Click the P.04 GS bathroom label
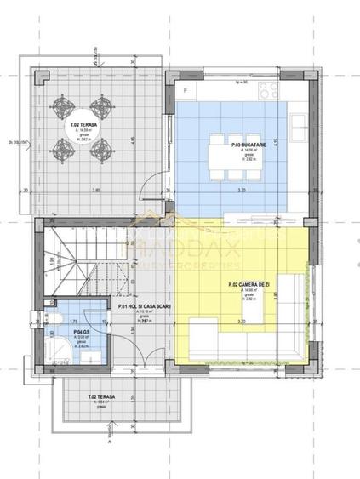[x=83, y=333]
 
